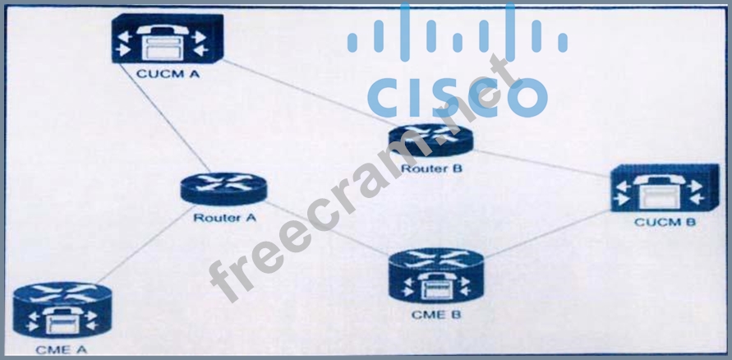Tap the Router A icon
[223, 187]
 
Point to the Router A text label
[223, 218]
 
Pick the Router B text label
[432, 169]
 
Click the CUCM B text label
[665, 223]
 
